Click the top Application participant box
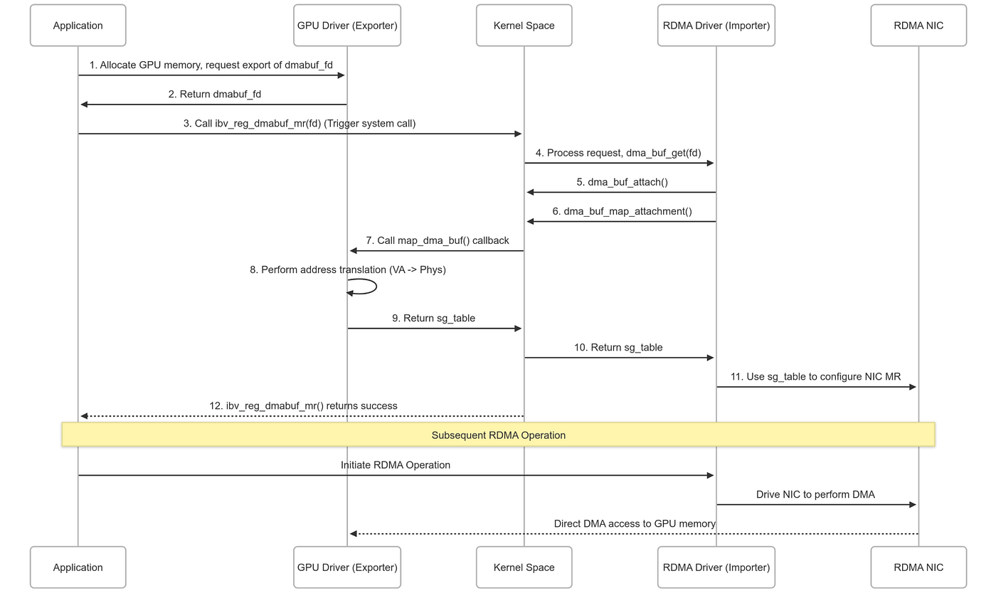click(78, 26)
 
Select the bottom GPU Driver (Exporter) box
click(347, 567)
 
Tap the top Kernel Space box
click(524, 26)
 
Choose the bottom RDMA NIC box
click(918, 567)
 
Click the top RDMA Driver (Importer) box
click(716, 26)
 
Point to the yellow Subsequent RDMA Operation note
click(499, 434)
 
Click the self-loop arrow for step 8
click(376, 287)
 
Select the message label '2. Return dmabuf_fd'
click(214, 95)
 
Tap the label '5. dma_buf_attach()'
click(622, 182)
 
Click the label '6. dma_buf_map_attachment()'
click(622, 212)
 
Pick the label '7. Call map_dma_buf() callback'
click(437, 240)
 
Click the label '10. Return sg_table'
click(618, 347)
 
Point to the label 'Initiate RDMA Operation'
click(396, 465)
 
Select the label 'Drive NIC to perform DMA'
click(815, 494)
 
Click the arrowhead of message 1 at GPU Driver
click(341, 75)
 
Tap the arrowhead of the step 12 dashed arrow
click(84, 416)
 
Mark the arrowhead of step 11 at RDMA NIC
click(913, 387)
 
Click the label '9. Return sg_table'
click(433, 319)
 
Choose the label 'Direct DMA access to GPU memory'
click(635, 523)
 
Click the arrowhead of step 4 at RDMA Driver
click(710, 163)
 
